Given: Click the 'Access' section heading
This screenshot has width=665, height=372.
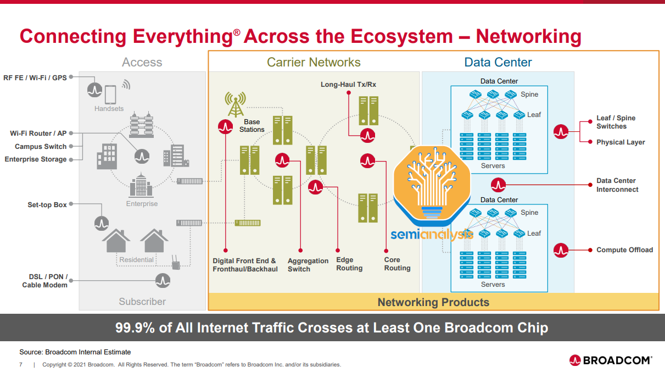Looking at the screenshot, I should [142, 63].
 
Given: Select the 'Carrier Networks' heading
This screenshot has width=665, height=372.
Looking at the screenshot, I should [314, 63].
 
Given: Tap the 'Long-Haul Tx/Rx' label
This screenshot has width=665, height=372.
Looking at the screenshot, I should [348, 85].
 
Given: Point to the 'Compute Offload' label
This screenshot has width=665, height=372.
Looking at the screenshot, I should [624, 250].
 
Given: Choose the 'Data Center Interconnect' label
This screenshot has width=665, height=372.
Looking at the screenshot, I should [617, 185].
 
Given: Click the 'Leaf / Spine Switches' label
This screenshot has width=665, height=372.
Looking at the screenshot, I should [616, 122].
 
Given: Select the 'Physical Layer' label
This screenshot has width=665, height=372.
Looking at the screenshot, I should [621, 142].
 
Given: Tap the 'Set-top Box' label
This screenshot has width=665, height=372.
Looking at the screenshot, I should [47, 205].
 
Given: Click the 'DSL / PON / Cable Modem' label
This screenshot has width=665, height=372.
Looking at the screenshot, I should [45, 281].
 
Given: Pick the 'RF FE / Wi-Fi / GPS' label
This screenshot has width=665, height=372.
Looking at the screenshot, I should [35, 78].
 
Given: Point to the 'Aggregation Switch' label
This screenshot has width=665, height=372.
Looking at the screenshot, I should [308, 265].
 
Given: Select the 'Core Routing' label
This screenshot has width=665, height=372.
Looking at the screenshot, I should [397, 264].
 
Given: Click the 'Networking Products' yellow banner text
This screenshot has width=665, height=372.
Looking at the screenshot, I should [433, 302].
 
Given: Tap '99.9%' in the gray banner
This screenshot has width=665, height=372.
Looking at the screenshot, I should [135, 328].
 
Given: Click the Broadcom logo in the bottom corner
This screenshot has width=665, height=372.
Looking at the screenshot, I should [611, 360].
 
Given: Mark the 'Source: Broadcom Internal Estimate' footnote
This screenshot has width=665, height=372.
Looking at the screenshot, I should [75, 352].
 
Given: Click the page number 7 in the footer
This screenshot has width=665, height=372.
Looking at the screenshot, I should [21, 364].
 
